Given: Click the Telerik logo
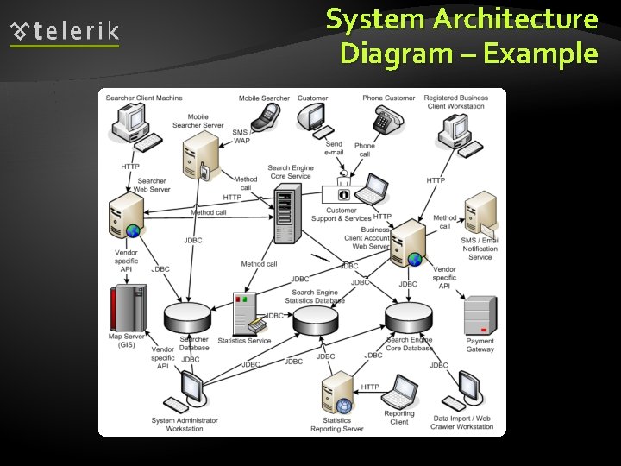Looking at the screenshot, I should tap(65, 33).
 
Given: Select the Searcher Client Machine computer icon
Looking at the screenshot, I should tap(132, 126).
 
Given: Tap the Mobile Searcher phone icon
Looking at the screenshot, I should tap(267, 115).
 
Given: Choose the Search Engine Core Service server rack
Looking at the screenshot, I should tap(285, 215).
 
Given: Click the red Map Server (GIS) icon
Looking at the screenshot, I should tap(127, 309).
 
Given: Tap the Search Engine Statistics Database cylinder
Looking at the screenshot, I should tap(315, 320).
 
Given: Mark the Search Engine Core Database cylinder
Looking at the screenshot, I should tap(408, 318).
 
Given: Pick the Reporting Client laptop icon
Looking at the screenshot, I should tap(400, 392).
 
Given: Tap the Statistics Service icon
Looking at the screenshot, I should tap(245, 315).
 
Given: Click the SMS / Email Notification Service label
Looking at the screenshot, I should tap(480, 249).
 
